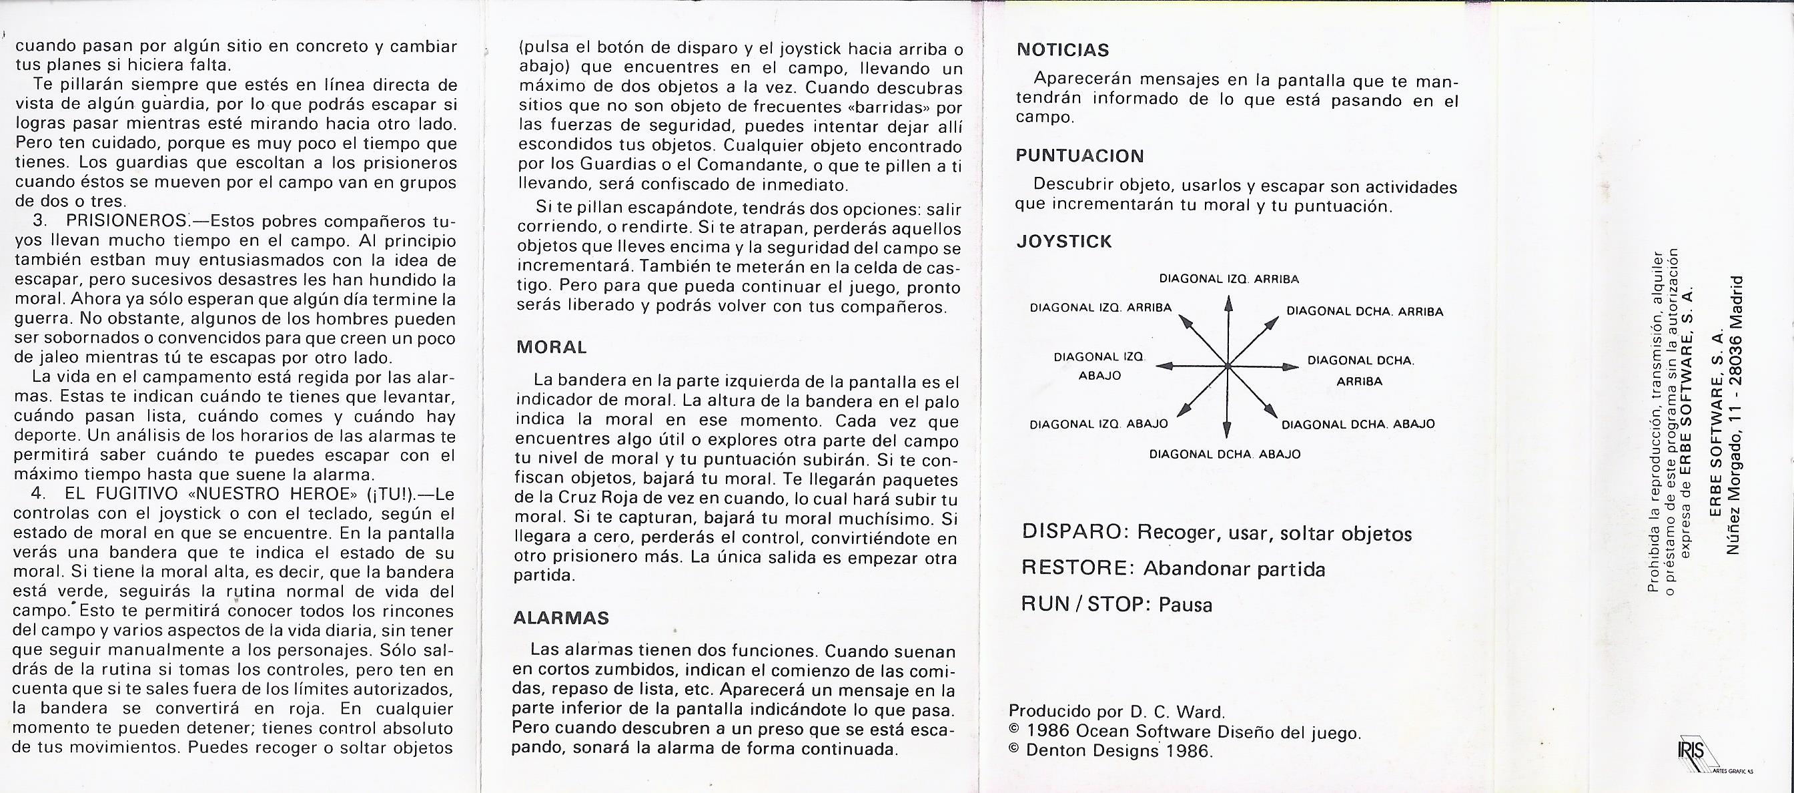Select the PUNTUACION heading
click(1079, 156)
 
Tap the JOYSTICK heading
click(1063, 242)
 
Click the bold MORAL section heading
click(551, 346)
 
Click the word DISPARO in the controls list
click(1073, 533)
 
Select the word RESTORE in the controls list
click(1075, 568)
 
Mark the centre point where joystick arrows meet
click(1228, 366)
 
